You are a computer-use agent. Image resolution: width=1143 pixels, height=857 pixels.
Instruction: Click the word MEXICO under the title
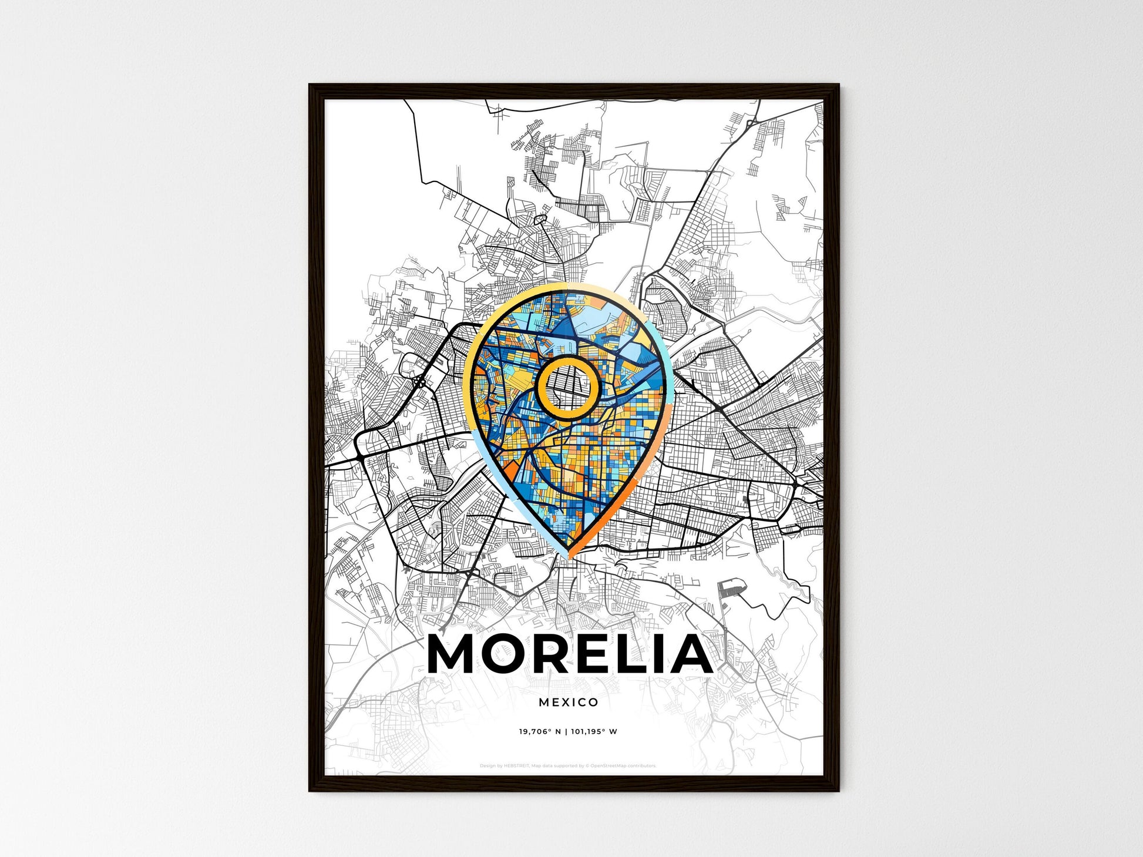pos(568,702)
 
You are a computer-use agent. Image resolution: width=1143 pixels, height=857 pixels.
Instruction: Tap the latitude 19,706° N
pos(539,732)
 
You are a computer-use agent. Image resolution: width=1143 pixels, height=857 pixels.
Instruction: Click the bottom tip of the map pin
pos(569,555)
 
